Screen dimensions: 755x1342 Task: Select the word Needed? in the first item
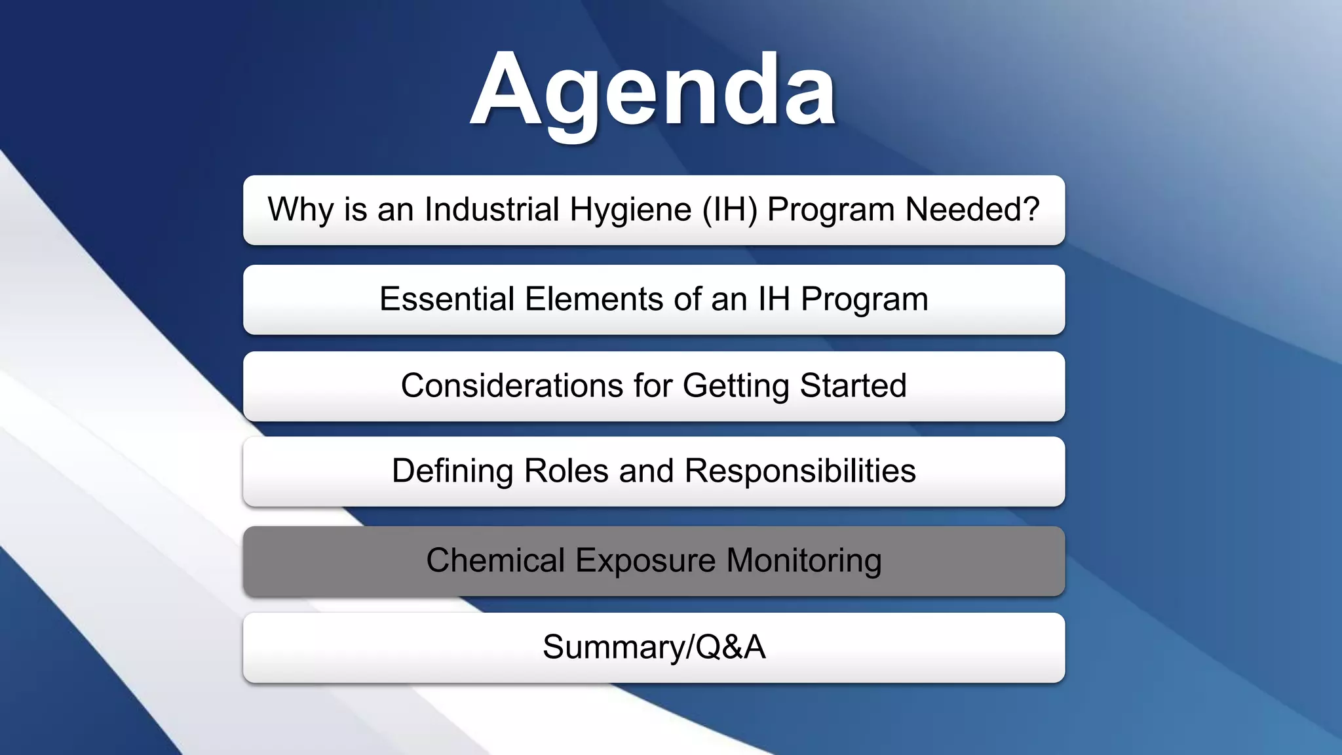click(x=972, y=210)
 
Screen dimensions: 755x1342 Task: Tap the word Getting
click(x=736, y=385)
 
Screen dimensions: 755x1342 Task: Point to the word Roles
click(x=566, y=471)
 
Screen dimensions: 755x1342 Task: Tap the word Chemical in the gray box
click(x=495, y=561)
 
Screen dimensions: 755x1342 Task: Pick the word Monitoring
click(x=804, y=561)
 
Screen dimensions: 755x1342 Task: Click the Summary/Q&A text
click(x=654, y=648)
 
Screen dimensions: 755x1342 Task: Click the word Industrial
click(x=491, y=210)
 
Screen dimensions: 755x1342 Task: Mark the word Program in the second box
click(x=864, y=300)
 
